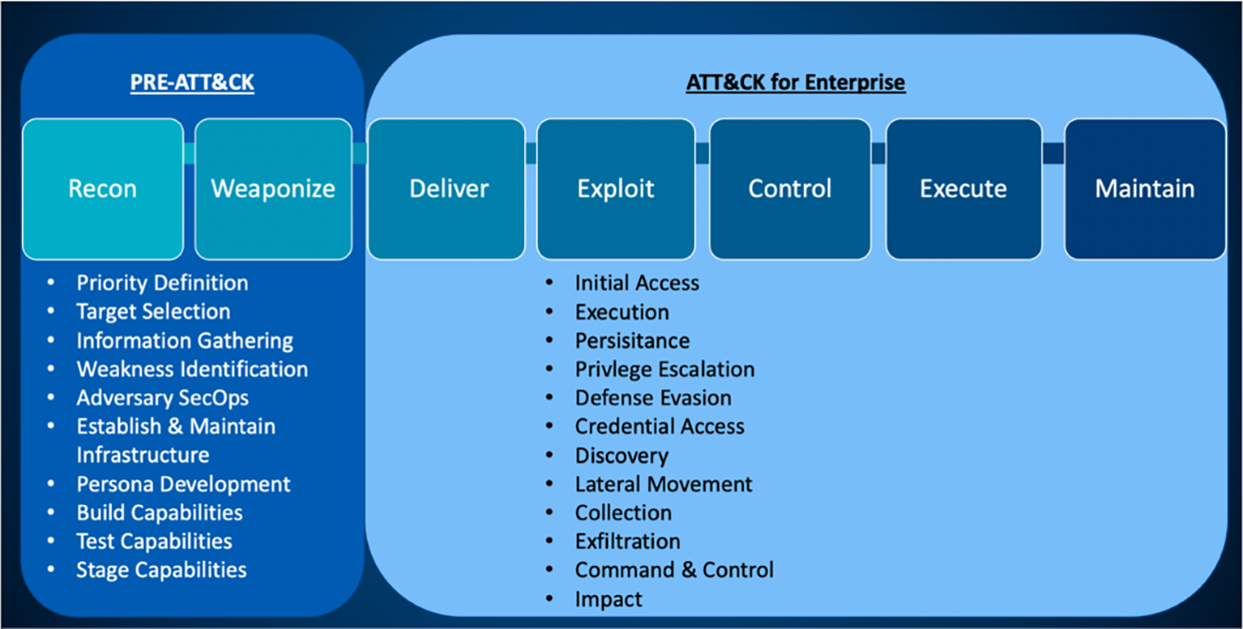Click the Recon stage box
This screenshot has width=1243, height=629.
point(103,189)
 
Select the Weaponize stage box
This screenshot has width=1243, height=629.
point(273,189)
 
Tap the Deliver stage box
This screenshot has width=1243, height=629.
point(448,189)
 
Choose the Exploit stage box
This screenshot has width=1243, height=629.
point(615,189)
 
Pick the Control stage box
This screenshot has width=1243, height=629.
point(789,189)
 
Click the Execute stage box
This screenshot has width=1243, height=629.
point(962,189)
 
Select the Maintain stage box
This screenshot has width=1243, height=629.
point(1144,189)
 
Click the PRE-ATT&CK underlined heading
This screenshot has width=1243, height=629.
point(192,83)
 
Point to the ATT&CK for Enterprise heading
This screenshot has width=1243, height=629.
point(795,83)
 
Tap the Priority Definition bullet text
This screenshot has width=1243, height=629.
point(162,283)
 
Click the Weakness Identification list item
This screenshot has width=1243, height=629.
point(192,369)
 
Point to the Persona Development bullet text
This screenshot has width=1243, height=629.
point(183,484)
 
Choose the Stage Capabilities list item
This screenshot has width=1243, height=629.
point(161,570)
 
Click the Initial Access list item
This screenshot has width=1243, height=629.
point(636,283)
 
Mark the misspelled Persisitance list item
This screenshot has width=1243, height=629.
point(632,340)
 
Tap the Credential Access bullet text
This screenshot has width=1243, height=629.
point(659,426)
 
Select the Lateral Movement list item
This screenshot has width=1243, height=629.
point(663,484)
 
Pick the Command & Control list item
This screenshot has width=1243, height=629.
point(674,570)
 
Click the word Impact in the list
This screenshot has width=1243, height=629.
point(608,599)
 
